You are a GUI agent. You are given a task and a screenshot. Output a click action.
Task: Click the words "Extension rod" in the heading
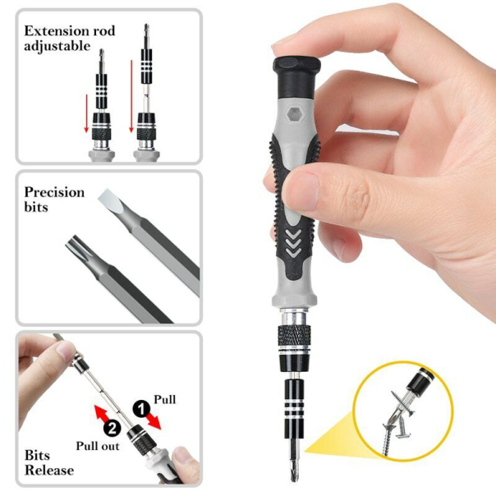pos(69,31)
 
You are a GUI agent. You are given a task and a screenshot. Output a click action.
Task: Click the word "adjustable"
pos(57,46)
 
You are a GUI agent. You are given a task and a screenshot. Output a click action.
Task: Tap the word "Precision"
pos(54,192)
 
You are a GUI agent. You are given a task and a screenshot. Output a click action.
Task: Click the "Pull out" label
pos(97,446)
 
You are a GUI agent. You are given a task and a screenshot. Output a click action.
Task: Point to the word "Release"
pos(49,471)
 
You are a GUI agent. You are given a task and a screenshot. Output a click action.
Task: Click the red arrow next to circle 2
pos(101,407)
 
